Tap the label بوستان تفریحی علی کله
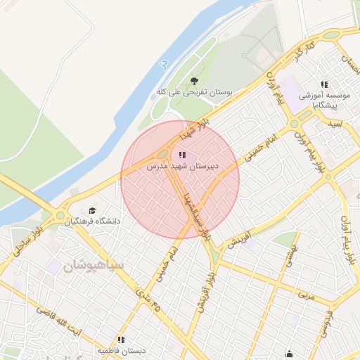pyautogui.click(x=195, y=92)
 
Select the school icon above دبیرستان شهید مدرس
pyautogui.click(x=183, y=155)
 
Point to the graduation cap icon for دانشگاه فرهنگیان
pyautogui.click(x=93, y=210)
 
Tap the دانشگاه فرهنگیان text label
pyautogui.click(x=93, y=221)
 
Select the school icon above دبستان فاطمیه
pyautogui.click(x=121, y=340)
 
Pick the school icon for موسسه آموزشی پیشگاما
pyautogui.click(x=324, y=84)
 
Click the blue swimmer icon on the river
pyautogui.click(x=164, y=64)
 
